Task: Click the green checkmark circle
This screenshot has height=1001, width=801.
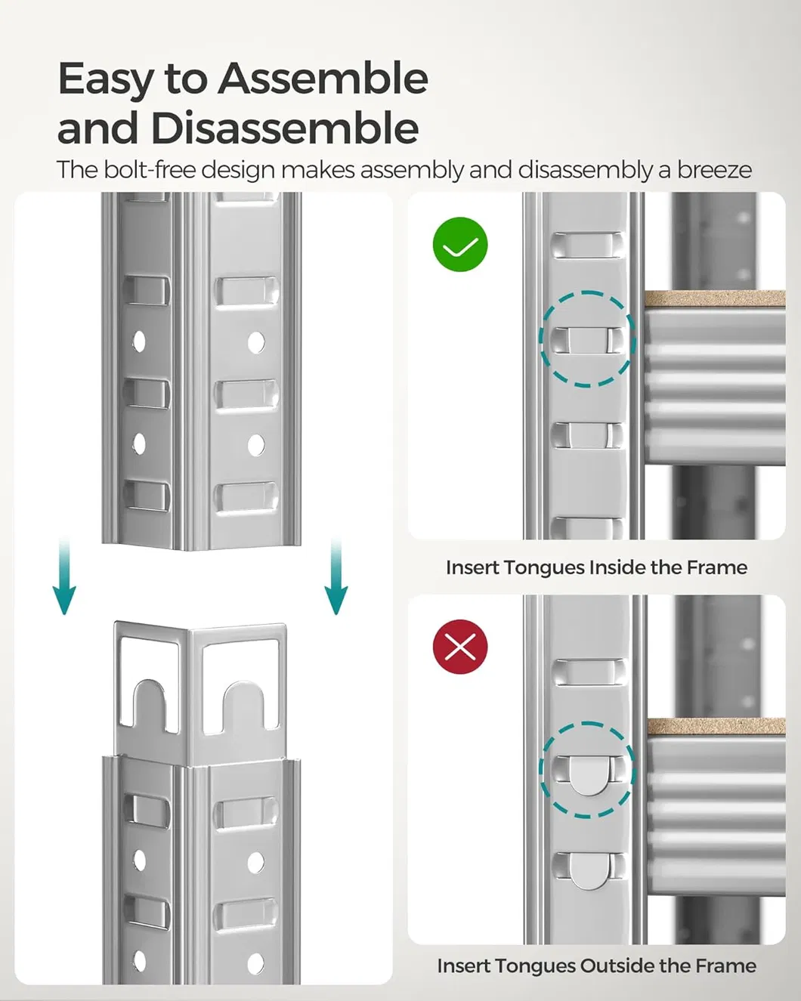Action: click(x=460, y=245)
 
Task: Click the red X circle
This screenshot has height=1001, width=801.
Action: click(x=460, y=647)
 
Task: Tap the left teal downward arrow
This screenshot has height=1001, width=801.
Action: click(x=64, y=578)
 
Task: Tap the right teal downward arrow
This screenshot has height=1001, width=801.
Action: click(x=336, y=578)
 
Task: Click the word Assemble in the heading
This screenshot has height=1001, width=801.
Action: click(x=323, y=79)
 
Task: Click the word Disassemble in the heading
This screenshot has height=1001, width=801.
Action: click(x=284, y=128)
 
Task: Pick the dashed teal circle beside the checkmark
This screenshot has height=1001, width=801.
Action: click(x=586, y=339)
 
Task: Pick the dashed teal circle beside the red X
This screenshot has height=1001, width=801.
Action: click(x=586, y=769)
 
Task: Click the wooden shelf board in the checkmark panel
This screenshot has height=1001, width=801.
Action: click(x=713, y=298)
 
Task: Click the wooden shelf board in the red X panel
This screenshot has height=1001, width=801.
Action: click(x=715, y=727)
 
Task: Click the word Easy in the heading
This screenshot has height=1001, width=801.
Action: click(x=105, y=79)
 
